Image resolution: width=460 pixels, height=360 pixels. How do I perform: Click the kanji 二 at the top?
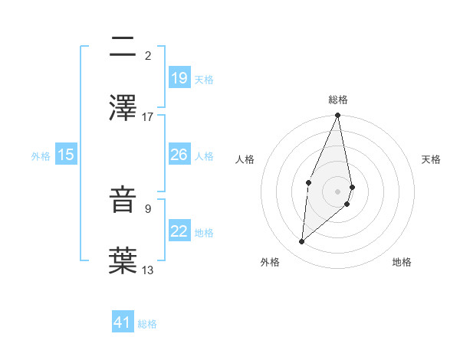tap(124, 47)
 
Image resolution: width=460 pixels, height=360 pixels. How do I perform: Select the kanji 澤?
tap(124, 107)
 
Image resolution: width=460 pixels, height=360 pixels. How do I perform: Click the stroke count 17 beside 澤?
tap(148, 116)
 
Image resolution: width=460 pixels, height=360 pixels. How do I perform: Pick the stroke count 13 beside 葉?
tap(148, 270)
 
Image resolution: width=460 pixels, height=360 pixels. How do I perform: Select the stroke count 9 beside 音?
tap(148, 208)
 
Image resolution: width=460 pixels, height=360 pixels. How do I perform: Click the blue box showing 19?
tap(179, 78)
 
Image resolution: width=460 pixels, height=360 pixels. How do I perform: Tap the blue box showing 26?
tap(179, 155)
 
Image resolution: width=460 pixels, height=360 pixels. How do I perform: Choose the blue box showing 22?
tap(179, 231)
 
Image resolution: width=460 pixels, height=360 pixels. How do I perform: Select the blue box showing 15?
tap(66, 155)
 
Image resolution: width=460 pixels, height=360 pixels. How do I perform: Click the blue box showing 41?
tap(123, 322)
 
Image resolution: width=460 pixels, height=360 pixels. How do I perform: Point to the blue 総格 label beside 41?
tap(148, 324)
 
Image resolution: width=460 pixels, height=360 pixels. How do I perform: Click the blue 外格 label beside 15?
tap(41, 156)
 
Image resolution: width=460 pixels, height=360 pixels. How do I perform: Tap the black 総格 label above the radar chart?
tap(338, 100)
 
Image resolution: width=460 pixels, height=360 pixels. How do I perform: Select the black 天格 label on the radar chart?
tap(432, 159)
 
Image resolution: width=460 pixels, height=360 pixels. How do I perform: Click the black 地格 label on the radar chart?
tap(402, 263)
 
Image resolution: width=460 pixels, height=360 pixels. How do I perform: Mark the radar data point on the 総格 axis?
tap(338, 116)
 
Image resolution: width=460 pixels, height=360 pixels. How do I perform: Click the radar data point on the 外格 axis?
tap(302, 241)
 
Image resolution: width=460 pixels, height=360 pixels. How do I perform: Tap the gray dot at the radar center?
tap(338, 191)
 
